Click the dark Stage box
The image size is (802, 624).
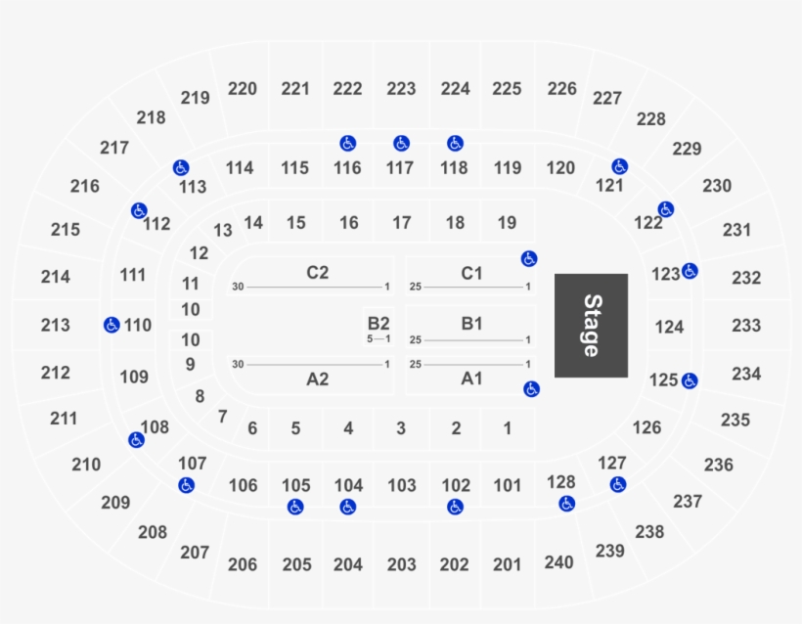pos(591,325)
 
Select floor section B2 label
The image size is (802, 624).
pos(379,323)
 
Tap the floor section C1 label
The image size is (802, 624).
pos(471,273)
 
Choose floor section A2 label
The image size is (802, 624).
pos(317,379)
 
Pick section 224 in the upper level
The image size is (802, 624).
pos(455,89)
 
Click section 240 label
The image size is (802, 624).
pos(558,562)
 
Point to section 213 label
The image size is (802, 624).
pos(56,325)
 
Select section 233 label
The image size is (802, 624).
pos(745,325)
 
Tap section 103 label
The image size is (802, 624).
pos(401,485)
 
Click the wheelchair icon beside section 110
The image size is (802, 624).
pos(111,325)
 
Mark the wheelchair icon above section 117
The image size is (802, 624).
pos(401,144)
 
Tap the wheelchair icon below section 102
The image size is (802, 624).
pos(455,507)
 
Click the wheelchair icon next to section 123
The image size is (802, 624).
pos(691,271)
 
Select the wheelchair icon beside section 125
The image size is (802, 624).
pos(691,380)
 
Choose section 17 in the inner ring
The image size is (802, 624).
pos(401,223)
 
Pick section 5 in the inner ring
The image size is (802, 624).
pos(295,427)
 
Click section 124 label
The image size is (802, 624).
pos(669,327)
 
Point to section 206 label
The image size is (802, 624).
pos(242,564)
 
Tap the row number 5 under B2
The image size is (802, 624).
pos(370,339)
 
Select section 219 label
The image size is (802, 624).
pos(195,98)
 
